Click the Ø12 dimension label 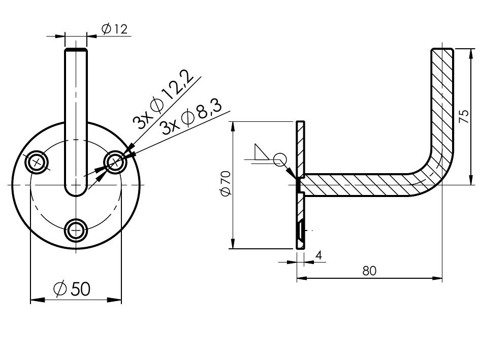114,29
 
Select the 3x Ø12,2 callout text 164,100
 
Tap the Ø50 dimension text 72,289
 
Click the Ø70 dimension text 226,183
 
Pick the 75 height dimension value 464,117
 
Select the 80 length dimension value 369,271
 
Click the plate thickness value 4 318,255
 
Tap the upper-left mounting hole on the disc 38,161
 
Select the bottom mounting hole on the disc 76,230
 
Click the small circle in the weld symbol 279,159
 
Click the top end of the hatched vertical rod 442,50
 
